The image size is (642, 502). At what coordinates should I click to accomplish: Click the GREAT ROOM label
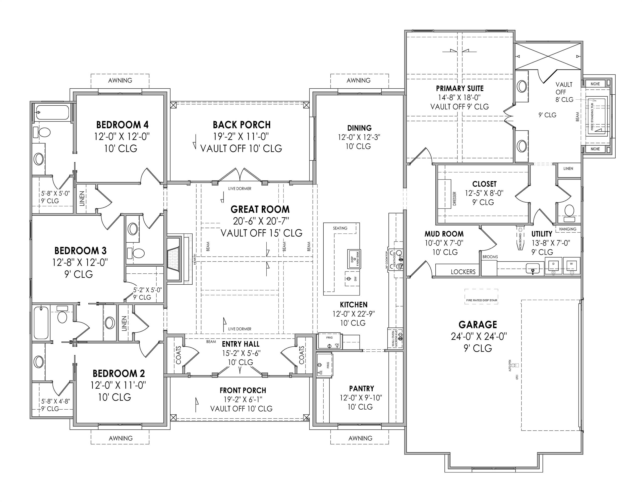coord(260,209)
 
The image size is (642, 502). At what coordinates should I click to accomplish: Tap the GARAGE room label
coord(478,325)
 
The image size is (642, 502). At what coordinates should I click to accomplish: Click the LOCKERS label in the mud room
coord(463,272)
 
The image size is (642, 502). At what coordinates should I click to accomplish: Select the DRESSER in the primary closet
coord(445,194)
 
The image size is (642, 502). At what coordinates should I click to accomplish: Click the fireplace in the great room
coord(173,259)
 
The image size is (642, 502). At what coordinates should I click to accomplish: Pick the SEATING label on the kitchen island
coord(340,228)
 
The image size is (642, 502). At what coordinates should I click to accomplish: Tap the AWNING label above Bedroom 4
coord(120,80)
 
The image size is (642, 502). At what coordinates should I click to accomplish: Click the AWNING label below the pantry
coord(360,438)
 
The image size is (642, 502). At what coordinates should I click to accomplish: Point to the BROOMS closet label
coord(490,257)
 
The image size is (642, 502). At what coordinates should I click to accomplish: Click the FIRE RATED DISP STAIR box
coord(482,297)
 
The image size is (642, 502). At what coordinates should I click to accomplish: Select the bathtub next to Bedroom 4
coord(52,112)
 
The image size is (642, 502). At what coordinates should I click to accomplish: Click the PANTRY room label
coord(361,389)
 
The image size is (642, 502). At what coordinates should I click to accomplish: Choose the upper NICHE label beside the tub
coord(595,84)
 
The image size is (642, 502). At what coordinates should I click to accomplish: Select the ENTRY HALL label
coord(241,344)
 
